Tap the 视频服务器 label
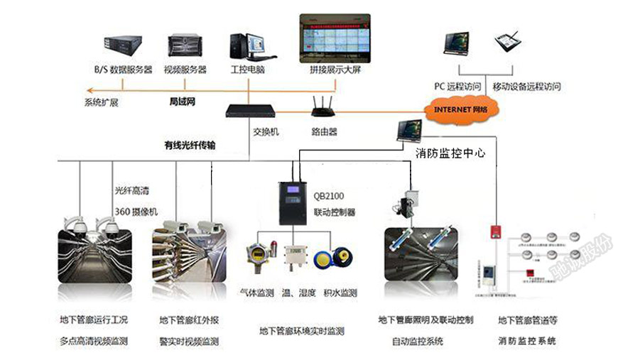(185, 70)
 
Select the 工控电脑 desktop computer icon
(248, 46)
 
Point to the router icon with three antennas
(324, 106)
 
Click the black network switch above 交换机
(249, 111)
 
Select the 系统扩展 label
(101, 102)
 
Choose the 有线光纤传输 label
(190, 145)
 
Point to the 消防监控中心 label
(450, 152)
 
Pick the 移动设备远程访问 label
(526, 87)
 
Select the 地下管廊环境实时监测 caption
(301, 330)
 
